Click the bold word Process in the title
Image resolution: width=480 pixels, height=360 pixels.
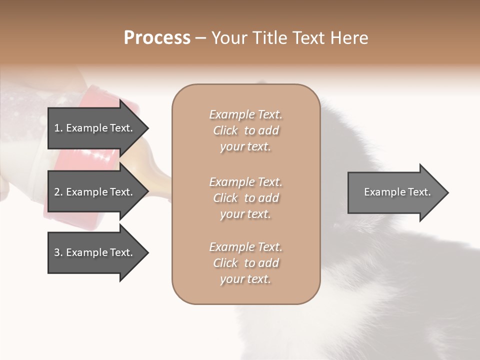tap(157, 37)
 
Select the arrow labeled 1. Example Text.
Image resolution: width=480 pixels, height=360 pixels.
tap(95, 128)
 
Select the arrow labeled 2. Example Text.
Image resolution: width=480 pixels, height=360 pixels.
tap(95, 192)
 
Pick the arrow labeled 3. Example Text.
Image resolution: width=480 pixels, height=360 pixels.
tap(95, 252)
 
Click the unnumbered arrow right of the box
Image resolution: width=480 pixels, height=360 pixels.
tap(395, 192)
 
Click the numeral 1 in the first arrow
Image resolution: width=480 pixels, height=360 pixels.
tap(57, 128)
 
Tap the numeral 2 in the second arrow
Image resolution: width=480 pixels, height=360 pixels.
tap(57, 192)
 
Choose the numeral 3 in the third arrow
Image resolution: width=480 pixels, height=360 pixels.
tap(57, 252)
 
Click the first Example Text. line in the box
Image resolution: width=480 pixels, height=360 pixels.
tap(245, 114)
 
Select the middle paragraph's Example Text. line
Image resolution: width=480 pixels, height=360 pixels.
tap(245, 181)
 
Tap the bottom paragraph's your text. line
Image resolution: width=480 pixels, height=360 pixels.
tap(245, 279)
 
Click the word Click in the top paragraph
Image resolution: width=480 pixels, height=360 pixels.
tap(225, 130)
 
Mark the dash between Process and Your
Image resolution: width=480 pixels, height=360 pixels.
tap(201, 38)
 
